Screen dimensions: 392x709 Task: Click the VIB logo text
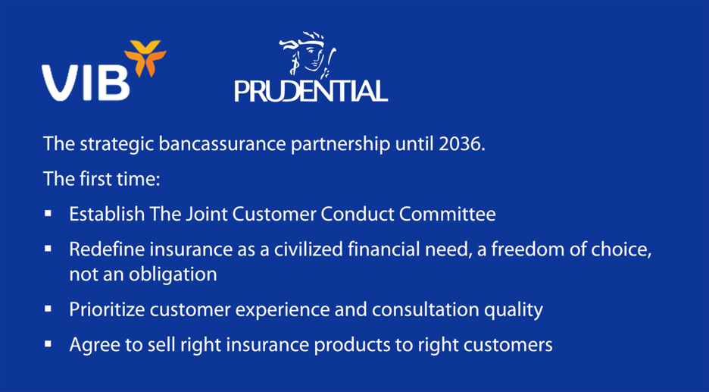coord(86,81)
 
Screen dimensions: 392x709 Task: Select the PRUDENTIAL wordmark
coord(311,91)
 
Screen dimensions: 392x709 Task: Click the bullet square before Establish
coord(48,214)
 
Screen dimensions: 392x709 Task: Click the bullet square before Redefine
coord(48,249)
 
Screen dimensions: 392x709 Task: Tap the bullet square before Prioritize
coord(48,309)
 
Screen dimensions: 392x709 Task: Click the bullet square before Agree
coord(48,344)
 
